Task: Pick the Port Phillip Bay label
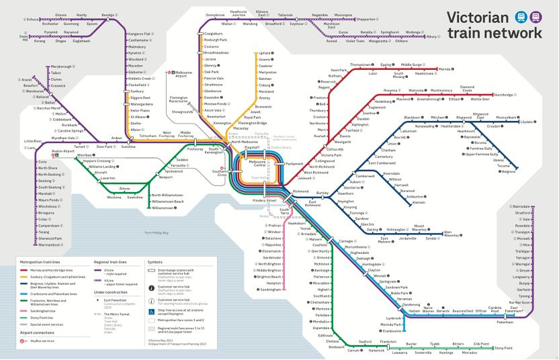coord(157,232)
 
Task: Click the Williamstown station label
coord(165,208)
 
